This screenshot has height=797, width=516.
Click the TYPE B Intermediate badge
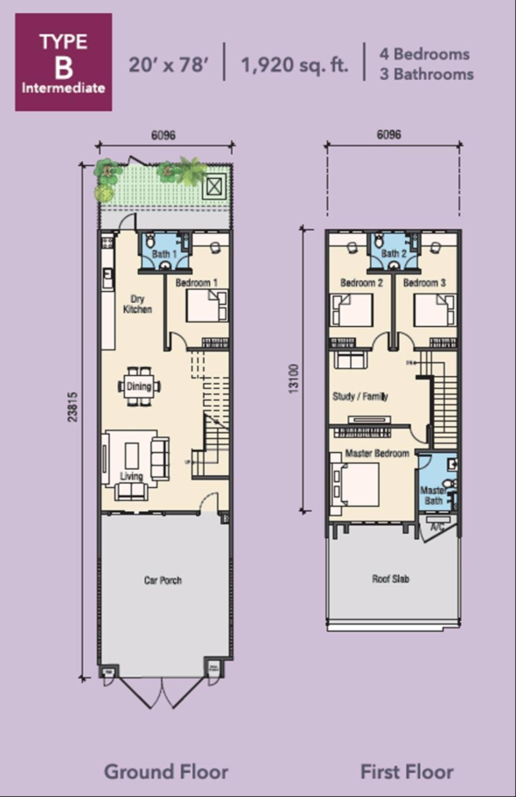coord(64,62)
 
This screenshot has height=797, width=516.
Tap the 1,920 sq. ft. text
coord(295,65)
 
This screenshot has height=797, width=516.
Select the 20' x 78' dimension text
coord(169,65)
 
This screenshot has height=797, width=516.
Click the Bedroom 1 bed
coord(207,306)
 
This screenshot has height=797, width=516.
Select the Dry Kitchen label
coord(137,304)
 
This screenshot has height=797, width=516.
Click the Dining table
coord(138,386)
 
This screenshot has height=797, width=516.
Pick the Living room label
coord(131,476)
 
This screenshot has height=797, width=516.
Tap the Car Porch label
coord(163,580)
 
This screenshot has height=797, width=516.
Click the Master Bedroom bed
coord(354,485)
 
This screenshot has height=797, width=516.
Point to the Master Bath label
coord(433,496)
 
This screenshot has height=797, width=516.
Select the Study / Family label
coord(360,396)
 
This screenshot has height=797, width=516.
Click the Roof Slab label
coord(390,578)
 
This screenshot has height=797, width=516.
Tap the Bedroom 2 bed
coord(352,310)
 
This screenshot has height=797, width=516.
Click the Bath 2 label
coord(394,253)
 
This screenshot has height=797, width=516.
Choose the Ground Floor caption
coord(166,771)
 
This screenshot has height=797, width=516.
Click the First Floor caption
coord(407,771)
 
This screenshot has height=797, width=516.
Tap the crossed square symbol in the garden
coord(214,188)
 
